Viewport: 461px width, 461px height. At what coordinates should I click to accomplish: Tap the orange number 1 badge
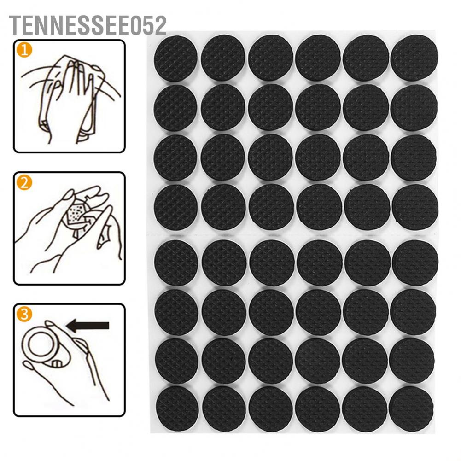[x=24, y=50]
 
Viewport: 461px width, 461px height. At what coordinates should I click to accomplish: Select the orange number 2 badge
[x=24, y=183]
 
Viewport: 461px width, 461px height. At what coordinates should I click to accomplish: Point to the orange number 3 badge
[x=24, y=315]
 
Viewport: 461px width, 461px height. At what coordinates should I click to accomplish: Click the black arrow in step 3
[x=88, y=326]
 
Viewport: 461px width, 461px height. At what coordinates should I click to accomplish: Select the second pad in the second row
[x=223, y=107]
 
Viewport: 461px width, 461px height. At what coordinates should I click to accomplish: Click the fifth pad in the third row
[x=366, y=157]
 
